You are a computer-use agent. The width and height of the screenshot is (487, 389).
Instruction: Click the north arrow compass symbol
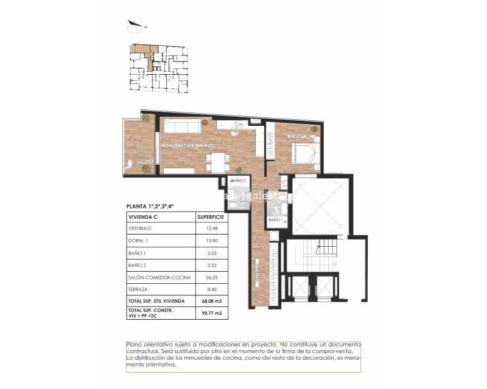point(135,25)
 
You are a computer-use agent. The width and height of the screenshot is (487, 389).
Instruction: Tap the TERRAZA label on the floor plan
point(144,162)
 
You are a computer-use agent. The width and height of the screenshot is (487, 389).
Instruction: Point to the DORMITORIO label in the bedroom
point(300,137)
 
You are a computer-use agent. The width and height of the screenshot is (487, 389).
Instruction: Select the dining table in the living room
point(217,162)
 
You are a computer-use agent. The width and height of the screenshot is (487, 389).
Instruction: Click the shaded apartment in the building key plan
point(141,52)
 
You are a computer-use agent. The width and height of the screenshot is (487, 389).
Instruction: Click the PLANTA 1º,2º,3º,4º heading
point(150,206)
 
